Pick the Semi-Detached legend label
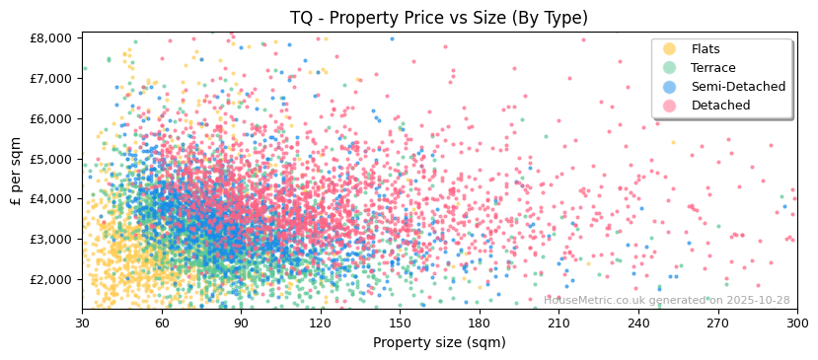click(x=738, y=87)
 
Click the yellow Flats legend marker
click(x=670, y=49)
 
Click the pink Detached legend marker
click(x=670, y=106)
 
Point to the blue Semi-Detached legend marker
click(x=670, y=87)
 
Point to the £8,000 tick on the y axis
click(x=54, y=37)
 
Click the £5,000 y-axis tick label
click(x=54, y=159)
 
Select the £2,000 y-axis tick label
click(x=54, y=279)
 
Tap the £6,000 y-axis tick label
click(x=54, y=118)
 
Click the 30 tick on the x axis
click(x=82, y=324)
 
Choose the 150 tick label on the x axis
click(x=400, y=324)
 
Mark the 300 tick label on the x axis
click(x=797, y=324)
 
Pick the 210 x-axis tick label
click(x=558, y=324)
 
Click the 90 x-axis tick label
click(x=241, y=324)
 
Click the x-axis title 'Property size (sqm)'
click(x=439, y=343)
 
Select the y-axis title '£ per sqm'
click(x=16, y=172)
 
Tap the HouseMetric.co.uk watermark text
click(x=667, y=300)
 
